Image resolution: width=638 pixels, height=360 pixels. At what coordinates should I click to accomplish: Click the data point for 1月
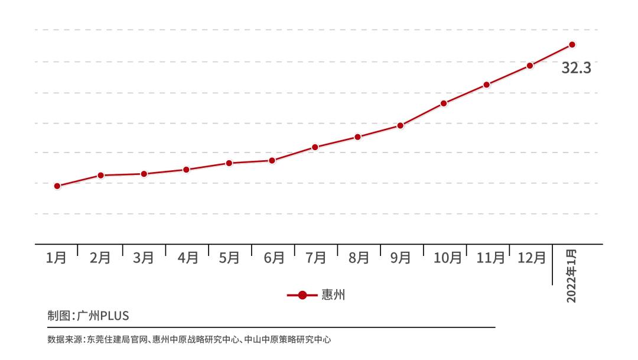57,186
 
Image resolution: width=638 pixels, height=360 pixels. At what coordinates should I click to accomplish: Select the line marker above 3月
144,174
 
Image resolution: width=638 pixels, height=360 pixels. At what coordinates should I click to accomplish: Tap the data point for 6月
272,160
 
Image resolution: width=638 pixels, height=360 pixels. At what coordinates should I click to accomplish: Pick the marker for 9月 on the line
401,125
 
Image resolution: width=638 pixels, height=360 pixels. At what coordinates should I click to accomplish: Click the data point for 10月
444,103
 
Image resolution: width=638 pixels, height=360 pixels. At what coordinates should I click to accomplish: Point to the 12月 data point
530,66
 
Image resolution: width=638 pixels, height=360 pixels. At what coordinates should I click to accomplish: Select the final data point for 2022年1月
572,44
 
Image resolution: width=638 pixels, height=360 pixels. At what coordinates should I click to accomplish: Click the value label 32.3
576,68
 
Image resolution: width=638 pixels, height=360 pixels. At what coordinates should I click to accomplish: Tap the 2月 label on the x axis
100,258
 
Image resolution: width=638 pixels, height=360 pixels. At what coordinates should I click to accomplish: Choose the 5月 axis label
229,258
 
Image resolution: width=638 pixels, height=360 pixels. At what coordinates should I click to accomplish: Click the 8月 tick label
359,258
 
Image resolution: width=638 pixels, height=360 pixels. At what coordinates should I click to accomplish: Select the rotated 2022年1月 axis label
571,276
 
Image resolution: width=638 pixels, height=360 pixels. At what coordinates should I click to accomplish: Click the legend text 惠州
333,295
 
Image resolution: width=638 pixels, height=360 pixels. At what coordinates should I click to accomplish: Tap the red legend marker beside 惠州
302,295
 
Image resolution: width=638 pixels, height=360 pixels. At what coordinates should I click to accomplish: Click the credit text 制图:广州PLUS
88,316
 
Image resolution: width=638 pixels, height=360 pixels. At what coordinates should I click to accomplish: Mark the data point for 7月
315,147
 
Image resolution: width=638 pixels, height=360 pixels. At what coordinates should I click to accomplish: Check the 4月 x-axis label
188,258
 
